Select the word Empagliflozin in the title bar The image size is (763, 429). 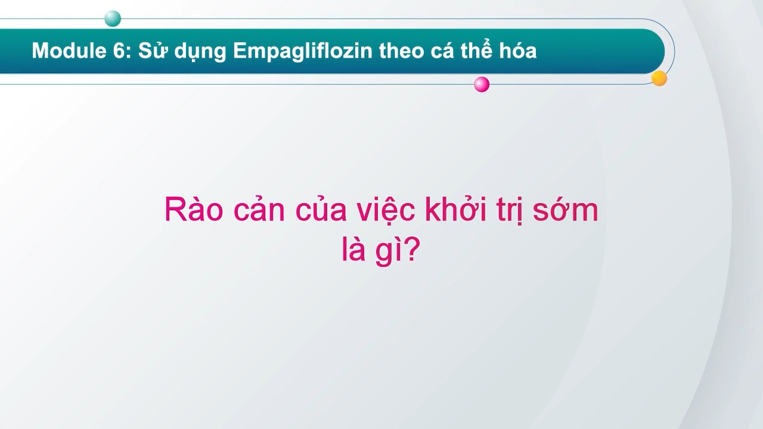click(x=303, y=51)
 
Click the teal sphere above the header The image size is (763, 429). click(x=113, y=19)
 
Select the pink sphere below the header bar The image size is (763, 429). click(x=482, y=85)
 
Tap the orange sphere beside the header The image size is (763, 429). click(x=659, y=78)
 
